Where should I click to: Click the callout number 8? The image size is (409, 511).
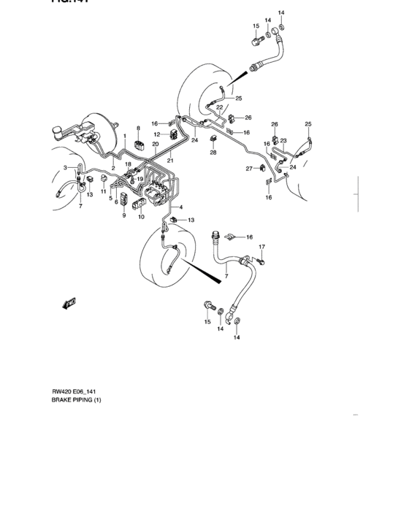pyautogui.click(x=138, y=128)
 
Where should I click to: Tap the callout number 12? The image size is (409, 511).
pyautogui.click(x=156, y=134)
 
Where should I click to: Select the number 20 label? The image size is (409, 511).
pyautogui.click(x=156, y=145)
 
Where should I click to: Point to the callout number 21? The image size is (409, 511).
pyautogui.click(x=170, y=161)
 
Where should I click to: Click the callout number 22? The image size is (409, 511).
pyautogui.click(x=219, y=107)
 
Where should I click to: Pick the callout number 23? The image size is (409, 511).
pyautogui.click(x=283, y=141)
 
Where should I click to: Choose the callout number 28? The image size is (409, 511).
pyautogui.click(x=214, y=153)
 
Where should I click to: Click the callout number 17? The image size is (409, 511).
pyautogui.click(x=261, y=247)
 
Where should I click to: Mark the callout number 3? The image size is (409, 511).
pyautogui.click(x=65, y=168)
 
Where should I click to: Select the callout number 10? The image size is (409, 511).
pyautogui.click(x=141, y=217)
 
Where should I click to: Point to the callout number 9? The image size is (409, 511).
pyautogui.click(x=123, y=215)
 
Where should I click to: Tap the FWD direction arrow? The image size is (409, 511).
pyautogui.click(x=71, y=303)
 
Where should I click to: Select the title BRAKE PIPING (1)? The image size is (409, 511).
pyautogui.click(x=77, y=400)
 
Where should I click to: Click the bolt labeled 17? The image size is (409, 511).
pyautogui.click(x=260, y=259)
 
